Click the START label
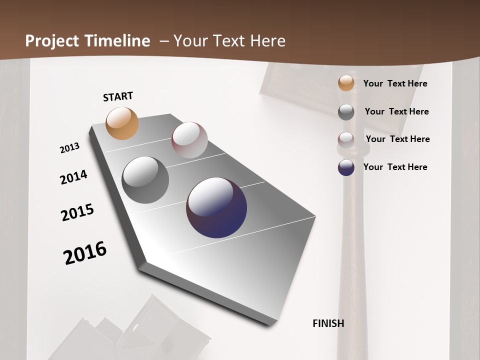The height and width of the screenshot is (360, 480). [118, 96]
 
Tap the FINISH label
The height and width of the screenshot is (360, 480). [328, 323]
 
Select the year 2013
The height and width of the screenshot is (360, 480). [70, 148]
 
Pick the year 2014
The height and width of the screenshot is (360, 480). [73, 177]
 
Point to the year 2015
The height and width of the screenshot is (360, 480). [77, 212]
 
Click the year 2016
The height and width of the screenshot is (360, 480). [85, 252]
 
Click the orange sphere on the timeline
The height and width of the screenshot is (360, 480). [122, 123]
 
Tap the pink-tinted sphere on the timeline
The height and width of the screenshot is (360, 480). [189, 140]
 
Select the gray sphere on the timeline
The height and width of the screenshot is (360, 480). [145, 180]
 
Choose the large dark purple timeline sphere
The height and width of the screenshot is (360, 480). [216, 207]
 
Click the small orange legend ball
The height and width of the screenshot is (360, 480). [346, 83]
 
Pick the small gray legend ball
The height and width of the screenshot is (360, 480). [346, 112]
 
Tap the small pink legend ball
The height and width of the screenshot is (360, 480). [346, 139]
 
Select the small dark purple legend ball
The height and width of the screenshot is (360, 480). [346, 167]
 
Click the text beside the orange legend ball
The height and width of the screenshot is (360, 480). [395, 83]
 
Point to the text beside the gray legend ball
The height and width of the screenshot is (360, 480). [396, 111]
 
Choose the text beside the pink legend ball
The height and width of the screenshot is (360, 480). [397, 139]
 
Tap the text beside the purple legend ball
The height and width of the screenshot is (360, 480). [395, 167]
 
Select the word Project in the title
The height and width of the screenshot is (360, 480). [51, 41]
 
